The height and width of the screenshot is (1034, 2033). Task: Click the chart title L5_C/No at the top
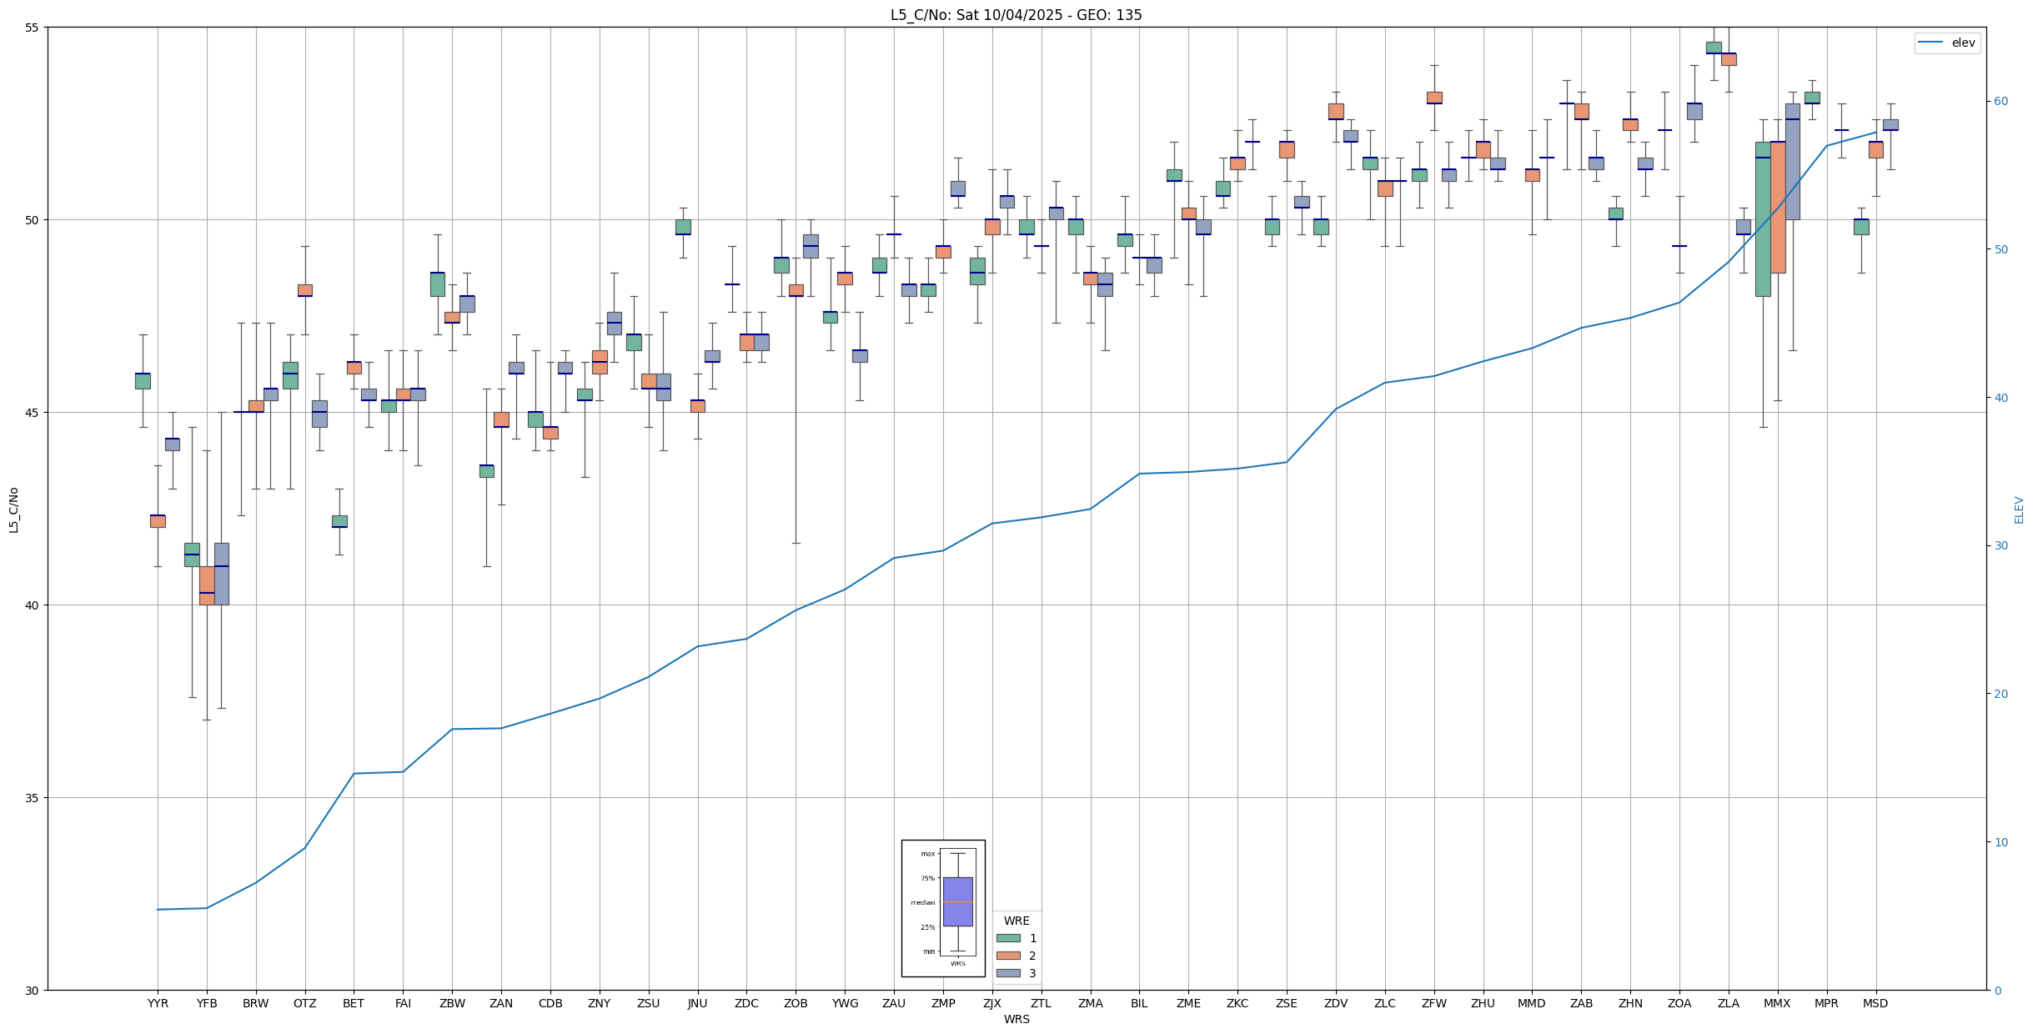1016,15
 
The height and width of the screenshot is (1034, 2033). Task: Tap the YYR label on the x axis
158,1003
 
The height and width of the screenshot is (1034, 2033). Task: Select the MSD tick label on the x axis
1875,1003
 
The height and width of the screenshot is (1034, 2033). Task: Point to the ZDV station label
1336,1003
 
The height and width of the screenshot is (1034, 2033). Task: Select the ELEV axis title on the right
2019,509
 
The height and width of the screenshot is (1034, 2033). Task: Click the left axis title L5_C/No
13,509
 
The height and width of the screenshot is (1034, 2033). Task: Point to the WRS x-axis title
1016,1019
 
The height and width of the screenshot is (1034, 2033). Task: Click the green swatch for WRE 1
1008,938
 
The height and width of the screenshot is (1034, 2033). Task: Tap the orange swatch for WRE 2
1008,956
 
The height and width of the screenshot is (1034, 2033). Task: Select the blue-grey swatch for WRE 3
1008,973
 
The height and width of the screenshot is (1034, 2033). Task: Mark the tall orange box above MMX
1778,208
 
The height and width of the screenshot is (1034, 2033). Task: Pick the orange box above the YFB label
207,585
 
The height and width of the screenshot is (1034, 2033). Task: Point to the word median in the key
922,902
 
